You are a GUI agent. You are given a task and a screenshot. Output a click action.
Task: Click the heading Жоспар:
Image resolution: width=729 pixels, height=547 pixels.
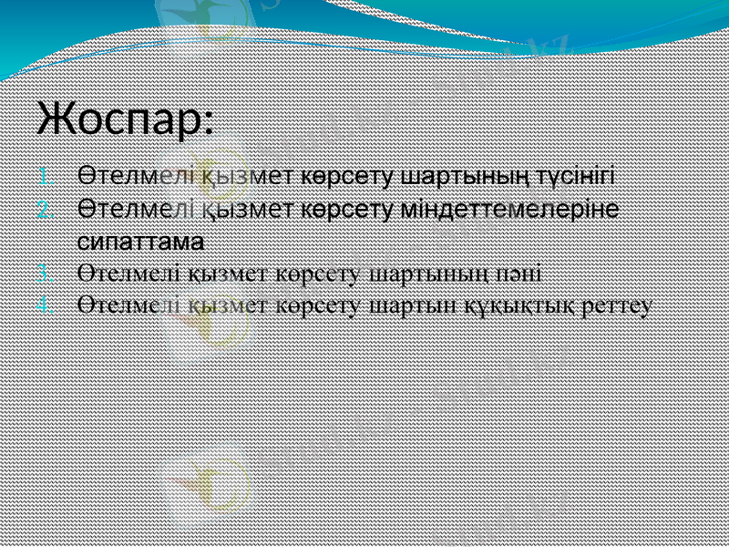126,119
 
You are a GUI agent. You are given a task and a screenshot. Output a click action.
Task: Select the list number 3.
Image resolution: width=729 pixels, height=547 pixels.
49,273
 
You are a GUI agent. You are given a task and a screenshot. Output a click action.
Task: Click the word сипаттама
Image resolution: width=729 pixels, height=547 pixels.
139,243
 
